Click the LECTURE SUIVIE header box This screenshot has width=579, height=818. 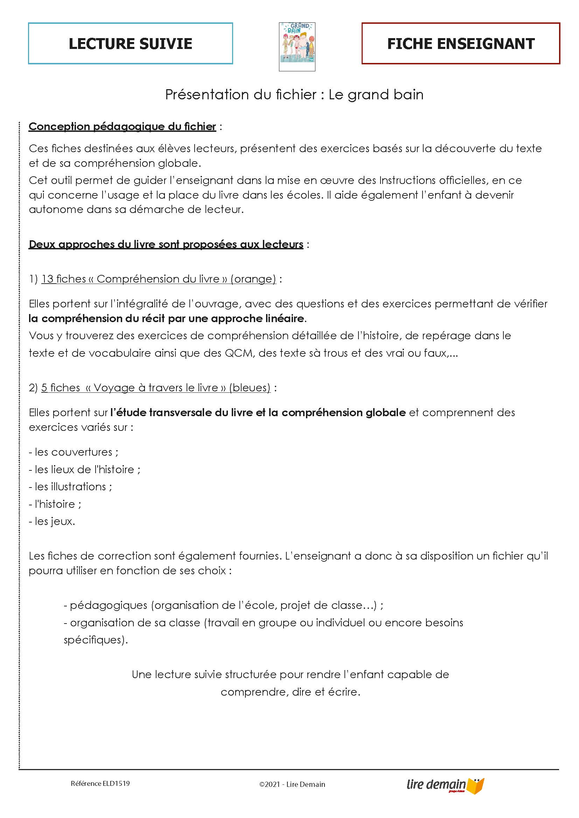point(130,43)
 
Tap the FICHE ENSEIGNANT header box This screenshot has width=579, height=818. point(461,43)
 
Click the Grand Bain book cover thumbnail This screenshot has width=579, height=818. point(297,47)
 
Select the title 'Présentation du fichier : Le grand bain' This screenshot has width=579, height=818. point(294,94)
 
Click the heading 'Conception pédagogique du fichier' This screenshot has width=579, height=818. point(122,127)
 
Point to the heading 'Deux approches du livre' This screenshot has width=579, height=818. point(166,244)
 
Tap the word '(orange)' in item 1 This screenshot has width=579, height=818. point(253,279)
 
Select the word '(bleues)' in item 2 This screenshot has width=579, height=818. point(250,387)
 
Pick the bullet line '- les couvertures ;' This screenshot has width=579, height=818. point(74,452)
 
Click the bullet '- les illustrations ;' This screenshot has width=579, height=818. point(70,487)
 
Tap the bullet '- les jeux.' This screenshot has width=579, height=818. point(52,521)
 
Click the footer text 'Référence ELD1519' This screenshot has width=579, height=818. point(100,783)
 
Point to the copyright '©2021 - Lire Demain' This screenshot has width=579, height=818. point(292,784)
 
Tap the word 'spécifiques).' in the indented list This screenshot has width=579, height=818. point(96,640)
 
